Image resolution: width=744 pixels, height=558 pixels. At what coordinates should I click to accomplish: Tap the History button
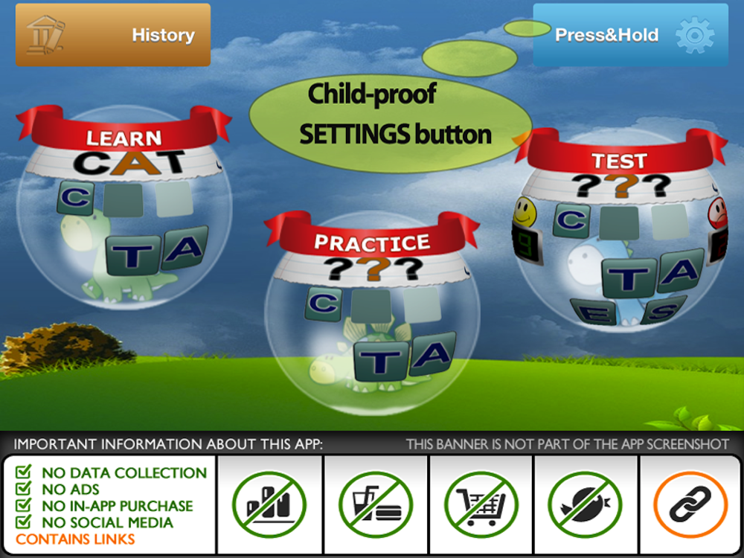pos(113,35)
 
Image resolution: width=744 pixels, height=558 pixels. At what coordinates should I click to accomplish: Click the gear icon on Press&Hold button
pos(695,35)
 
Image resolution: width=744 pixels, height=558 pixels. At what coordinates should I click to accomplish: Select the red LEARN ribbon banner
pos(124,131)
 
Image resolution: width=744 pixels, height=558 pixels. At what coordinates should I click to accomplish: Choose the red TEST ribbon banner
pos(620,154)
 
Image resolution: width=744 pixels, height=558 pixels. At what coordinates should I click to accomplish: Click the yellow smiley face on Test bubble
pos(525,211)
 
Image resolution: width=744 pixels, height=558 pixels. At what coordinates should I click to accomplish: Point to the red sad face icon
pos(718,214)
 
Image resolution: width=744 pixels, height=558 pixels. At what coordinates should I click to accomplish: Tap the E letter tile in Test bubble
pos(594,312)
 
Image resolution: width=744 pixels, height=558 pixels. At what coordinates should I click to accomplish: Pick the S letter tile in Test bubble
pos(664,310)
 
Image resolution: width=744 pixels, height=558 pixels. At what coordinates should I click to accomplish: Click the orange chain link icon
pos(690,504)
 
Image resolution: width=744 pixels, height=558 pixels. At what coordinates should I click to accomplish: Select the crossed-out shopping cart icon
pos(481,504)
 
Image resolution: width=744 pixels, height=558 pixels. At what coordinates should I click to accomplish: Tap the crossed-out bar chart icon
pos(269,504)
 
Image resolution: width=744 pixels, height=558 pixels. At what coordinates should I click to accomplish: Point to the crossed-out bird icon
pos(585,504)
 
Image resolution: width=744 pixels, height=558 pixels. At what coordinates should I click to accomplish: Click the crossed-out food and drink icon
pos(375,504)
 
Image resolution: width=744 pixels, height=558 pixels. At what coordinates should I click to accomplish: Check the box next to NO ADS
pos(23,488)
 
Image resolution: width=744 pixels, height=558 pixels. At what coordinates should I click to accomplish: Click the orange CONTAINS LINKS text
pos(75,539)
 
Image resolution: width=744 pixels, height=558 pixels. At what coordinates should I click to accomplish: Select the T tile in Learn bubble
pos(133,255)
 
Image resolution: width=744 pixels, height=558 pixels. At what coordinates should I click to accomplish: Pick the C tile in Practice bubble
pos(324,304)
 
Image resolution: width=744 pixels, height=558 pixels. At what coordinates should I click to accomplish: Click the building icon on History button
pos(45,35)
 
